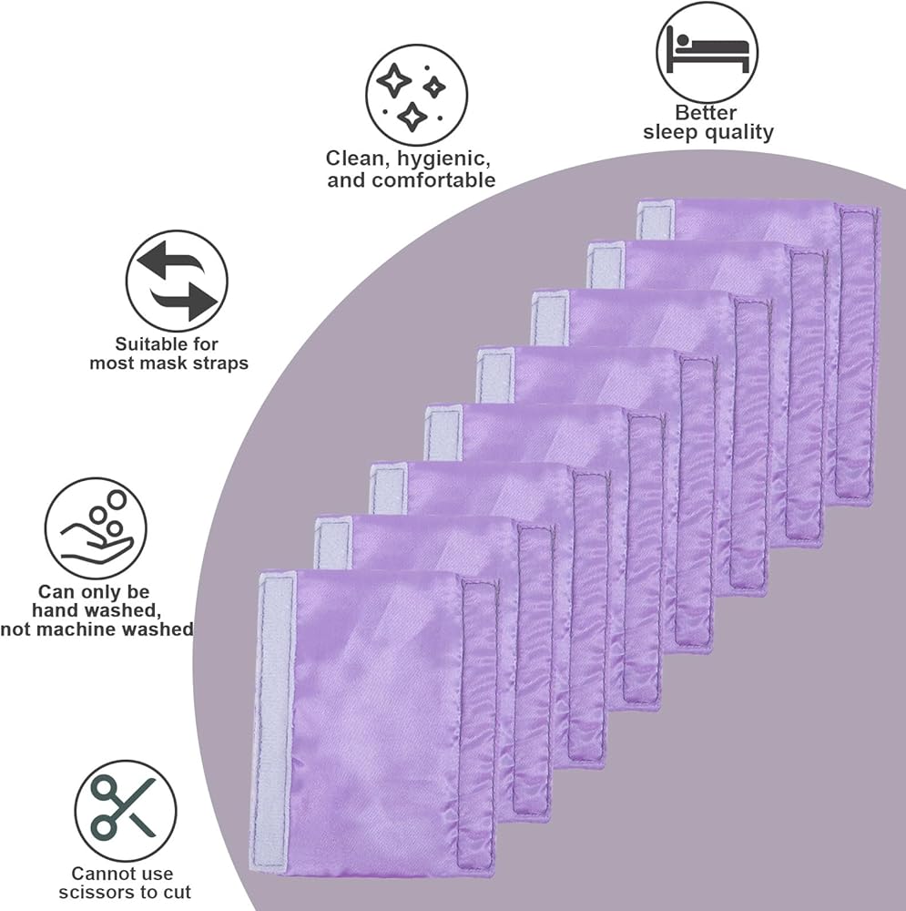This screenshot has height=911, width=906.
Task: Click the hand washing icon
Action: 95,528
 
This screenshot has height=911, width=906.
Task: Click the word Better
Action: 707,113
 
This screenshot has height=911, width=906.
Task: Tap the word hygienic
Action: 441,158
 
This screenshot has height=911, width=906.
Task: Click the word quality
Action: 738,132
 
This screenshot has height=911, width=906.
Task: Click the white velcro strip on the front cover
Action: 274,720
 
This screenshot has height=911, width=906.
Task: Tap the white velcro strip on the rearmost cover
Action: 655,219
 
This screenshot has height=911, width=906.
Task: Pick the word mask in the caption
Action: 170,363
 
